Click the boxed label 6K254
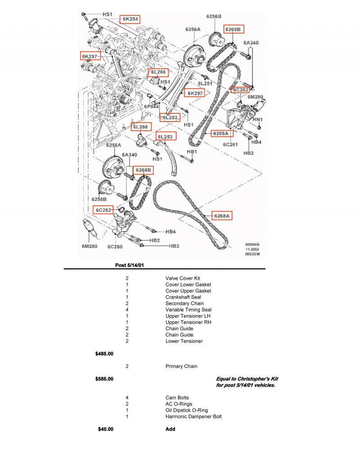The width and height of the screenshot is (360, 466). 130,19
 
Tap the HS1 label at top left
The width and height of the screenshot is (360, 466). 107,14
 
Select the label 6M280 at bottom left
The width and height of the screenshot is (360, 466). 90,246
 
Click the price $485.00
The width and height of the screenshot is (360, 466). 104,354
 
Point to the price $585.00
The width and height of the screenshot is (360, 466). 104,379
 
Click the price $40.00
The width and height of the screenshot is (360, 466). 105,429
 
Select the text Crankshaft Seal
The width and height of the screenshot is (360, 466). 183,297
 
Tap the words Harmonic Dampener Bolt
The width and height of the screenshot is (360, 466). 193,416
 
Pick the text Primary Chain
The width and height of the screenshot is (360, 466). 181,366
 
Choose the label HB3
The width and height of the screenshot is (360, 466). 174,246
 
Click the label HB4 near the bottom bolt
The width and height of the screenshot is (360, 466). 170,232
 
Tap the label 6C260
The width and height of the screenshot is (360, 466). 115,246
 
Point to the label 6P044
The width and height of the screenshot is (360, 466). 152,107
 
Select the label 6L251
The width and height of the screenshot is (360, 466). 205,84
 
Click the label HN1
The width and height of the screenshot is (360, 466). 257,119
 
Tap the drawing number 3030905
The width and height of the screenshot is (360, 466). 252,244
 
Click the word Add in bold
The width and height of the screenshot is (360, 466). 170,429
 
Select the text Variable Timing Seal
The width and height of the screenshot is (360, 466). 188,310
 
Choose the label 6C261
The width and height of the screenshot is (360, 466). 230,145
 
